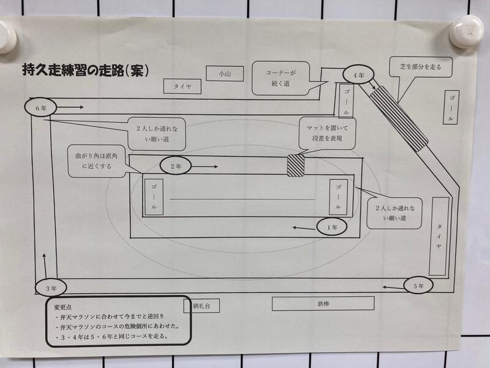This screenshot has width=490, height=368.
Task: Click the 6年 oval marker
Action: coord(40,108)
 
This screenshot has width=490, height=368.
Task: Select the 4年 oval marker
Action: coord(358,75)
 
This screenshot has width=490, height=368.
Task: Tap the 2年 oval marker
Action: coord(176,166)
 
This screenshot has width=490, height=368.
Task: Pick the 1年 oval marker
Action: coord(331,227)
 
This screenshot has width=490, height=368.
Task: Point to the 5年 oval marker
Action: coord(418,286)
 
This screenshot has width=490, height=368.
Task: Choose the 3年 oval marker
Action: coord(51,288)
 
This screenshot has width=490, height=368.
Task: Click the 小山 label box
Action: coord(225,74)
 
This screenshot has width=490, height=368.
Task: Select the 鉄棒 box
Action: coord(323,304)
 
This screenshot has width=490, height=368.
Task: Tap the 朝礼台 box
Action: coord(202,305)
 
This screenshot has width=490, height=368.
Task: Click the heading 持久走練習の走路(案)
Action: coord(85,71)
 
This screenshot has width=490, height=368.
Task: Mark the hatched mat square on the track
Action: coord(296,165)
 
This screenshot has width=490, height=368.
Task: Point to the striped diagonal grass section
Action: coord(399,118)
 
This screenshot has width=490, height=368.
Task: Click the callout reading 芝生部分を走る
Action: coord(421,67)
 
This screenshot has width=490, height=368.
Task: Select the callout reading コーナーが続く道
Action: coord(281,79)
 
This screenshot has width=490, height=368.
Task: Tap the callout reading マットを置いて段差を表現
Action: coord(327,133)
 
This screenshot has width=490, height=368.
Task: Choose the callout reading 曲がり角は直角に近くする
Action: coord(97,161)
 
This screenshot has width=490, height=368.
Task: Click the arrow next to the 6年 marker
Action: coord(70,107)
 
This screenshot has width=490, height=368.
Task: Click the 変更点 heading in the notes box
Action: coord(63,308)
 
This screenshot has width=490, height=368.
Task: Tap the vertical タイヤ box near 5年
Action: coord(439,236)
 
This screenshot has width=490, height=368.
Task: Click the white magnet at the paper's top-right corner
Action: coord(467,31)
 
